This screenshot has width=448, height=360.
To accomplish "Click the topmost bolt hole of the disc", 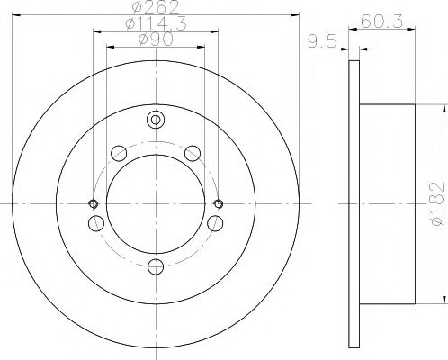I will pos(157,119).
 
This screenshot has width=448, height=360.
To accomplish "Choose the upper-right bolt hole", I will pos(192,154).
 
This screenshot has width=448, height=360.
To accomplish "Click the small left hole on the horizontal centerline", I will pos(93,202).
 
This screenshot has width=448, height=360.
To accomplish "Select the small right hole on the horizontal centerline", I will pos(220,202).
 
